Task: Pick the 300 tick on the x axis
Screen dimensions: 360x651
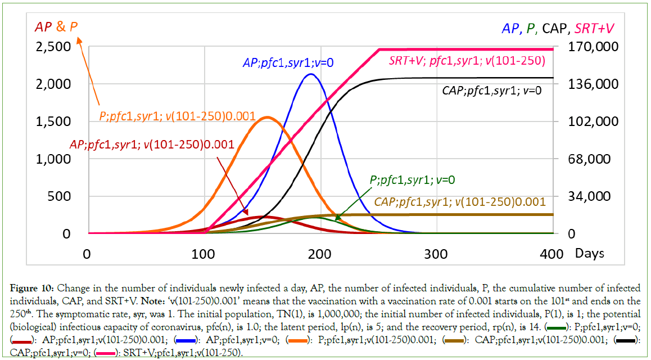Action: pos(436,253)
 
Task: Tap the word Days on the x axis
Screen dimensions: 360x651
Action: pos(589,253)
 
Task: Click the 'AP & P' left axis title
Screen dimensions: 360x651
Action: pos(56,26)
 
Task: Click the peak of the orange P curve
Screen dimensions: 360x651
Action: pos(266,117)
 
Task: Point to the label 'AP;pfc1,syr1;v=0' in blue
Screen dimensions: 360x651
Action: pos(288,63)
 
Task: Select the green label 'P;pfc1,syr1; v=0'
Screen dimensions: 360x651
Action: pos(412,180)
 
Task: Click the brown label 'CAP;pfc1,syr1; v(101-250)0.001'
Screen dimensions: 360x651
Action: pos(460,201)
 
